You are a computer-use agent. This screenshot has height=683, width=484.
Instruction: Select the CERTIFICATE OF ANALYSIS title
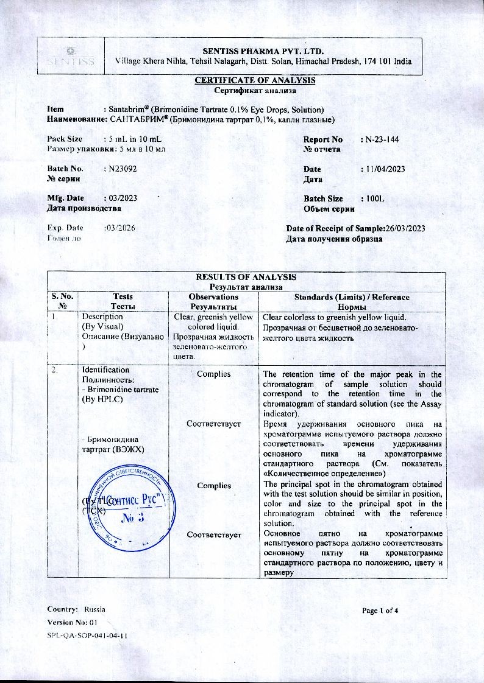click(255, 80)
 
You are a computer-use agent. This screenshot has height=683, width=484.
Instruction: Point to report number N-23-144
click(382, 139)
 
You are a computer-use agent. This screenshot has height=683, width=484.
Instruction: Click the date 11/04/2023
click(385, 169)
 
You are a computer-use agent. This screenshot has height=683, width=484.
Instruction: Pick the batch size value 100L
click(374, 198)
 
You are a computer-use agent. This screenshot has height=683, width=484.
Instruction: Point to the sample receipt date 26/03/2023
click(405, 228)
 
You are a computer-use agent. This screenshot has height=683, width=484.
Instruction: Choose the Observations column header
click(213, 296)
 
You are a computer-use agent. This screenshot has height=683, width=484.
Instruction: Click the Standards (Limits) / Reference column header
click(352, 296)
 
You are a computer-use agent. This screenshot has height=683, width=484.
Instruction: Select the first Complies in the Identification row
click(214, 374)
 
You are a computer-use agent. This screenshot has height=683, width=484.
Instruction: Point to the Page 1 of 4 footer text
click(380, 610)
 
